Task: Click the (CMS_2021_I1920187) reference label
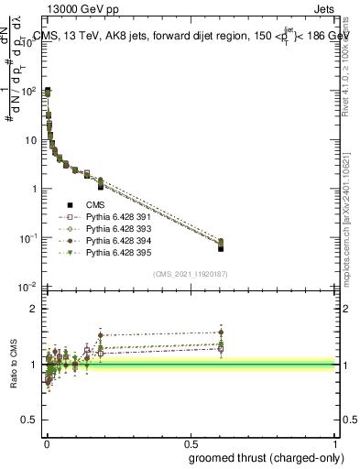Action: click(191, 272)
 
